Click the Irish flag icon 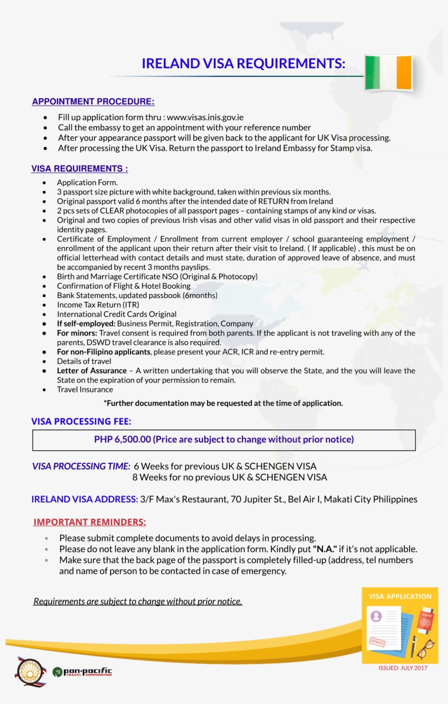tap(388, 72)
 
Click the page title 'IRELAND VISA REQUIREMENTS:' tap(243, 63)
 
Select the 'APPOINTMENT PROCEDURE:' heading tap(93, 102)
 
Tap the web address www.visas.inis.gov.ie tap(205, 117)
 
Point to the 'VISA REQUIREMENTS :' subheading tap(80, 169)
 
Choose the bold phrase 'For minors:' tap(77, 333)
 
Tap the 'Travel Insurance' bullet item tap(85, 390)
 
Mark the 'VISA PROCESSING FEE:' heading tap(81, 421)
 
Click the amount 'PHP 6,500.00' tap(122, 439)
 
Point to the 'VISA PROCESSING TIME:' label tap(81, 467)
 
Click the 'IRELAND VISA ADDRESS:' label tap(85, 499)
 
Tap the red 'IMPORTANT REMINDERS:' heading tap(90, 522)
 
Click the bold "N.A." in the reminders tap(325, 549)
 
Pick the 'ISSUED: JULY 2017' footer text tap(403, 668)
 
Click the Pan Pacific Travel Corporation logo tap(82, 672)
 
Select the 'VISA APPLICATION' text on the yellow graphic tap(400, 596)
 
